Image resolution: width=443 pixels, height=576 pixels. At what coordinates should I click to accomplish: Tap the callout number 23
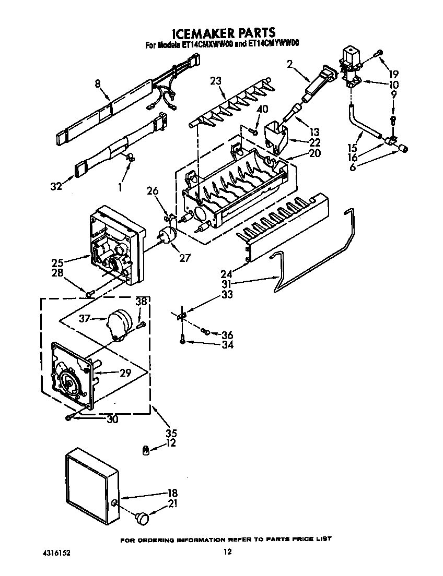click(216, 81)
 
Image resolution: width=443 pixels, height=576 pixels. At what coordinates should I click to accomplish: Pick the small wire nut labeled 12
click(148, 450)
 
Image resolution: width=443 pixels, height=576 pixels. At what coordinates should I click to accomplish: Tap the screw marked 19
click(379, 52)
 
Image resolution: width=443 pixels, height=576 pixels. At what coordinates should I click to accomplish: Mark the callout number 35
click(171, 433)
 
